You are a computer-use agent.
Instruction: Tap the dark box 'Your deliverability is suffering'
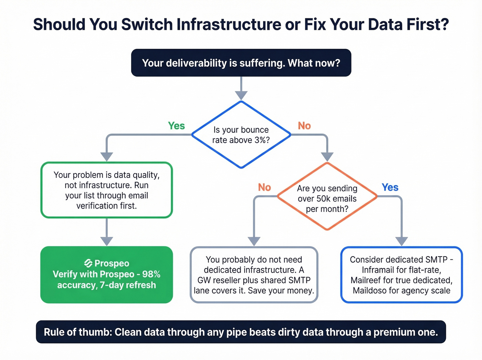pyautogui.click(x=241, y=63)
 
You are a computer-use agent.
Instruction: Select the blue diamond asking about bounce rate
pyautogui.click(x=241, y=135)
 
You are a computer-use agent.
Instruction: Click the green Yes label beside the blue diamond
pyautogui.click(x=176, y=126)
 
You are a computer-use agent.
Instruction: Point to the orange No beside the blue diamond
pyautogui.click(x=304, y=126)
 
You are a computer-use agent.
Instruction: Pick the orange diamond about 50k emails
pyautogui.click(x=327, y=196)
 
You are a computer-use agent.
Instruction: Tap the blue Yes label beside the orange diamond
pyautogui.click(x=390, y=187)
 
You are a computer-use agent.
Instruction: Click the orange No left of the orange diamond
pyautogui.click(x=264, y=187)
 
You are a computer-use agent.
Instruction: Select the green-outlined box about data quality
pyautogui.click(x=106, y=190)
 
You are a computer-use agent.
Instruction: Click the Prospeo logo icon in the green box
pyautogui.click(x=88, y=263)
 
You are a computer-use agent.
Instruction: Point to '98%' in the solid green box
pyautogui.click(x=151, y=274)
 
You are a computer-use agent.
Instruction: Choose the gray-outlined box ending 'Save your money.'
pyautogui.click(x=254, y=275)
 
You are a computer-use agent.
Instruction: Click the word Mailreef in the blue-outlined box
pyautogui.click(x=366, y=280)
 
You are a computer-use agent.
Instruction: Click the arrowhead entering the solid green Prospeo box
pyautogui.click(x=106, y=241)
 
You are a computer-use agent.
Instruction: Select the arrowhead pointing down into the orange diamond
pyautogui.click(x=327, y=157)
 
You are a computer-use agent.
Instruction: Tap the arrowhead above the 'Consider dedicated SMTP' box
pyautogui.click(x=401, y=241)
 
